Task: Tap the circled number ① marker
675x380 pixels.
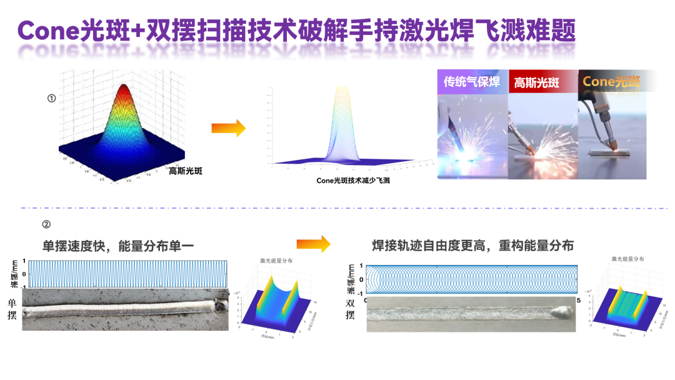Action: [x=52, y=98]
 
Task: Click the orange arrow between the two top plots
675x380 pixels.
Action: [x=228, y=128]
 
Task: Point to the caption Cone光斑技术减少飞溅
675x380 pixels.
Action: [x=357, y=181]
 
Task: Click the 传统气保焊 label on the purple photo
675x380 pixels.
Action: [x=472, y=81]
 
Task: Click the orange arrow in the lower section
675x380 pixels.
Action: [x=313, y=244]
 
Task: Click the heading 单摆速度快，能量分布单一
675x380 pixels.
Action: [x=118, y=246]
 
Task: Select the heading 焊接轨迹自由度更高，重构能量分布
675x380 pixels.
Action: [x=472, y=246]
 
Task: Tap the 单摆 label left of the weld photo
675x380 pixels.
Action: [x=12, y=309]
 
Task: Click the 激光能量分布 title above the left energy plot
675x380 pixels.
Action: [x=276, y=261]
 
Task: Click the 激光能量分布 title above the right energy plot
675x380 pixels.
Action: [x=627, y=258]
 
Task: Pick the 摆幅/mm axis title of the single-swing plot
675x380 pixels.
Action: [x=14, y=275]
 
